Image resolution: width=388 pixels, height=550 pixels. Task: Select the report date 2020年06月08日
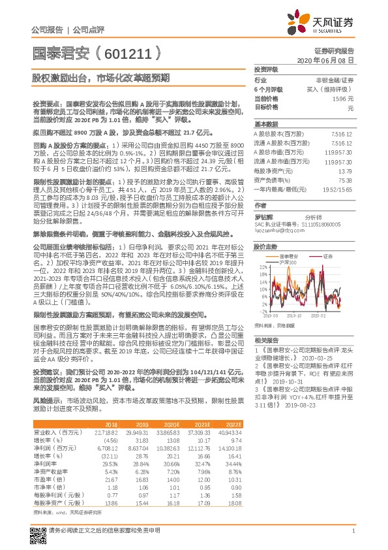coord(325,59)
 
